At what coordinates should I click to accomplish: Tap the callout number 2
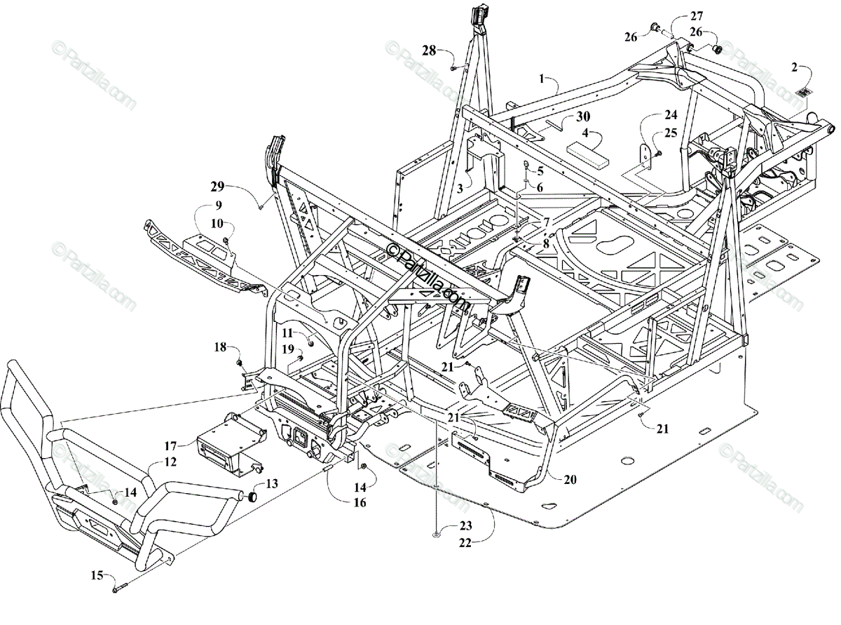coord(794,67)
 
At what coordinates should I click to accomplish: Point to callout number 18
coord(220,347)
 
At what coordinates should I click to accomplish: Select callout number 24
coord(671,114)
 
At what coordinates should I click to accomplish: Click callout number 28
coord(429,50)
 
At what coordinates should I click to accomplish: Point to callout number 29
coord(217,186)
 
